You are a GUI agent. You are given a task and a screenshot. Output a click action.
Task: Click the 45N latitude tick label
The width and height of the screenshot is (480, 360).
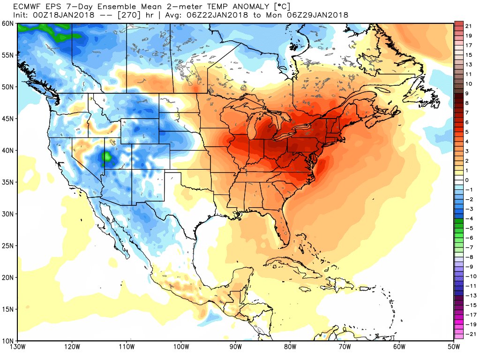click(x=8, y=119)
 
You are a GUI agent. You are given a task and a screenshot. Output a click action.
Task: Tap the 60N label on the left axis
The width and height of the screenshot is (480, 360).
click(x=8, y=23)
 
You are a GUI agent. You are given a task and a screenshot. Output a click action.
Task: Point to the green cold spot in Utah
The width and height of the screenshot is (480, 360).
click(x=107, y=157)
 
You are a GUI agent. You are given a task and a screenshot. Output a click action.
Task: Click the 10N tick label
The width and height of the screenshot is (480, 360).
click(x=8, y=340)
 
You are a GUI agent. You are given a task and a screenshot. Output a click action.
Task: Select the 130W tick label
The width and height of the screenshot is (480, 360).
click(x=18, y=347)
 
